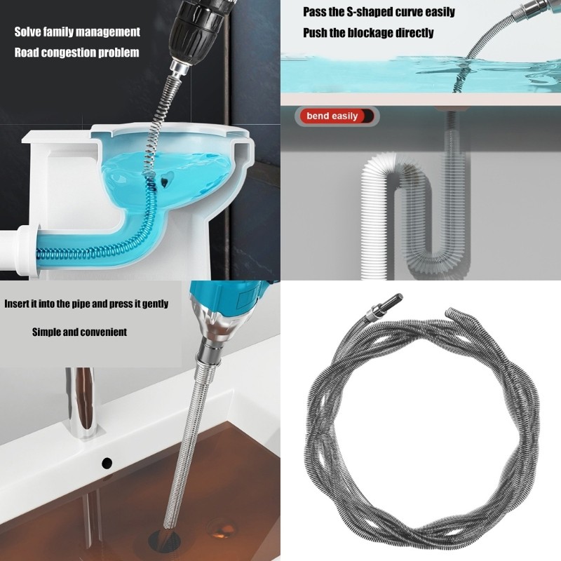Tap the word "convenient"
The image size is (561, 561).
click(100, 332)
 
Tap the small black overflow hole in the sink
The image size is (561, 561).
click(107, 463)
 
